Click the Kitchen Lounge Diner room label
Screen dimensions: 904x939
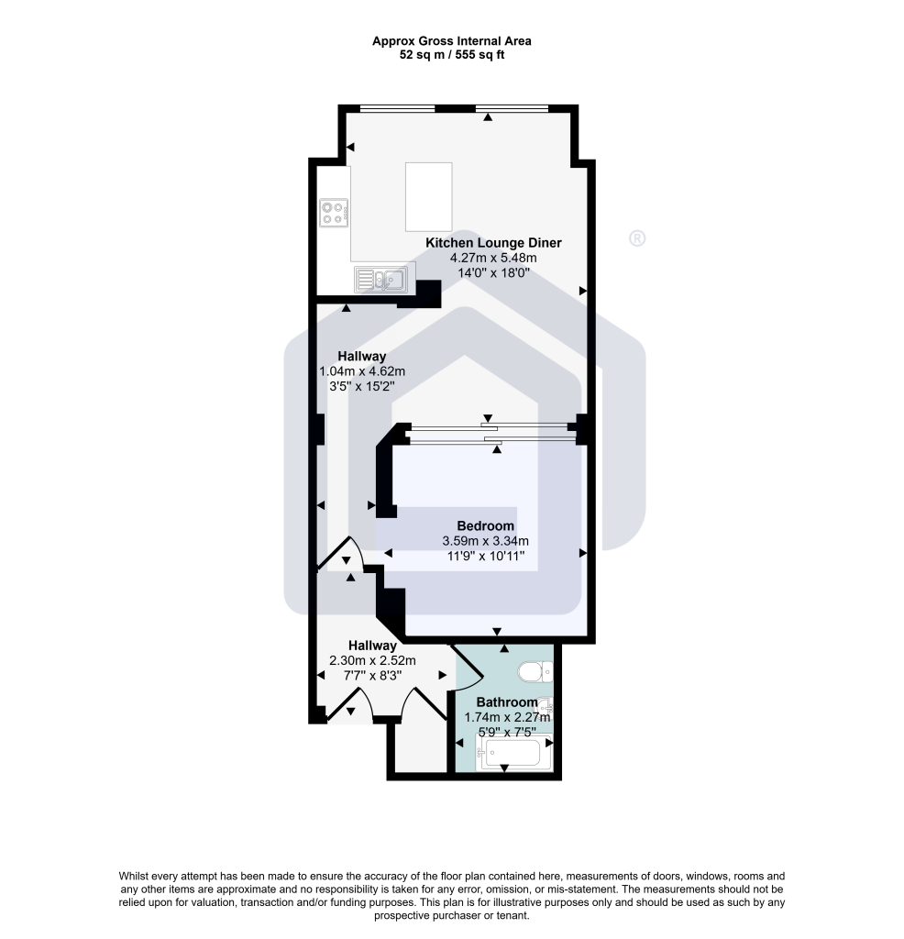(x=493, y=243)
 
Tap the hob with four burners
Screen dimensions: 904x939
(x=334, y=213)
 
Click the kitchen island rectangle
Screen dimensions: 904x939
(x=429, y=197)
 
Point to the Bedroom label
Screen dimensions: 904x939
(x=486, y=526)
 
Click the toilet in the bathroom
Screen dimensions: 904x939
(x=535, y=671)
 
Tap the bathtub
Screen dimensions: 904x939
(x=513, y=753)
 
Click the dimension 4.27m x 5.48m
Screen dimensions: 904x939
(x=493, y=258)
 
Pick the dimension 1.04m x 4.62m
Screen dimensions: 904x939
(x=362, y=371)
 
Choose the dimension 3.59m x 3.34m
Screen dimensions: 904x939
(x=486, y=541)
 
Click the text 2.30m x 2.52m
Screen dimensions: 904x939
(x=372, y=660)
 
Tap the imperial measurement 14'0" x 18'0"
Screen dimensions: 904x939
(x=493, y=273)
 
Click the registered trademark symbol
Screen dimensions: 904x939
(x=637, y=239)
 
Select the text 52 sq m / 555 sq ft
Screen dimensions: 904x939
(x=452, y=55)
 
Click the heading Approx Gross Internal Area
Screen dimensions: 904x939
(x=452, y=41)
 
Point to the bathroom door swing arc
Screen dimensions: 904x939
(x=469, y=668)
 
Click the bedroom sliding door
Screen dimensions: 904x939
(x=490, y=434)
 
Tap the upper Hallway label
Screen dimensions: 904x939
(x=361, y=357)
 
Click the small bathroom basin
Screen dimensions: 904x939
(x=545, y=705)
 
